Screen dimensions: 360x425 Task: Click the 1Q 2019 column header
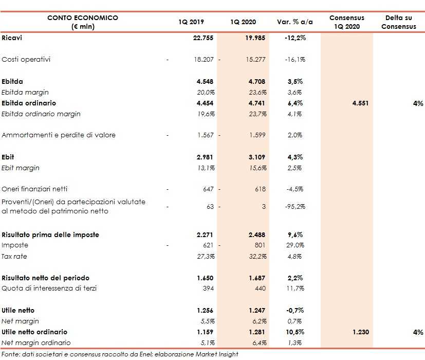point(191,22)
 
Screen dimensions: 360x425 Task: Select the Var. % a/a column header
point(294,22)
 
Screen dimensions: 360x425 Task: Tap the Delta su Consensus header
point(398,22)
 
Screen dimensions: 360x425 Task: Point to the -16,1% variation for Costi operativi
point(294,60)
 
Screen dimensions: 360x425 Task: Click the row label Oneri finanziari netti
point(34,189)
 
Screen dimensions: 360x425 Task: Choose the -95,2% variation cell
point(294,207)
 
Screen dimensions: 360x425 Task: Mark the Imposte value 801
point(260,245)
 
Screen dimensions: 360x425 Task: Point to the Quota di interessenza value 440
point(260,289)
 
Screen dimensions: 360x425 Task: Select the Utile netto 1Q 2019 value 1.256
point(204,311)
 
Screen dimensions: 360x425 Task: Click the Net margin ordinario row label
point(36,343)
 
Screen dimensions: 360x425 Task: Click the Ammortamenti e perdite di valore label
point(59,135)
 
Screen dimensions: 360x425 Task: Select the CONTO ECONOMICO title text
point(82,18)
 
